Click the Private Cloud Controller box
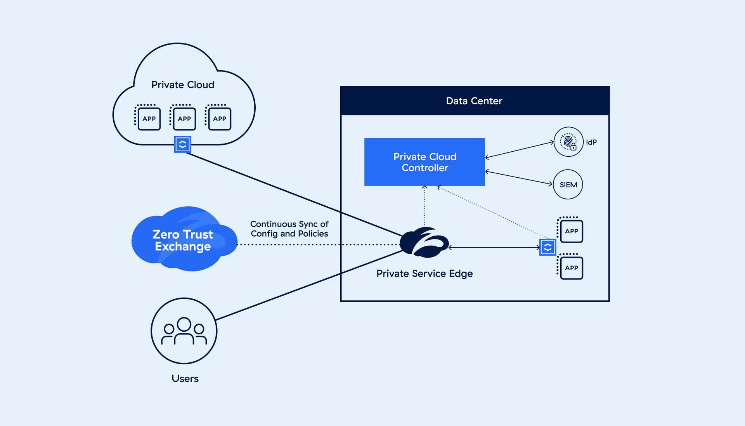tap(424, 162)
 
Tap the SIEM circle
tap(568, 184)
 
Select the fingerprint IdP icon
tap(568, 142)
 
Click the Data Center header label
tap(474, 101)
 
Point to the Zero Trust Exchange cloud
tap(183, 240)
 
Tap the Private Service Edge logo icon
tap(424, 243)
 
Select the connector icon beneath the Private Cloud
tap(182, 144)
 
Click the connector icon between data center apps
tap(547, 248)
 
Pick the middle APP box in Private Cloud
tap(184, 118)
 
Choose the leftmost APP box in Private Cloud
tap(149, 118)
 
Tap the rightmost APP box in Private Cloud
tap(219, 118)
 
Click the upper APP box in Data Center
tap(571, 231)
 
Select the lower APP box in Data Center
tap(571, 268)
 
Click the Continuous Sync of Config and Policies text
tap(289, 229)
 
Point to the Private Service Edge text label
tap(424, 274)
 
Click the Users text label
tap(185, 379)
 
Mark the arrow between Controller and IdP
tap(519, 150)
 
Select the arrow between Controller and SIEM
tap(518, 178)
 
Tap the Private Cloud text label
tap(183, 85)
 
